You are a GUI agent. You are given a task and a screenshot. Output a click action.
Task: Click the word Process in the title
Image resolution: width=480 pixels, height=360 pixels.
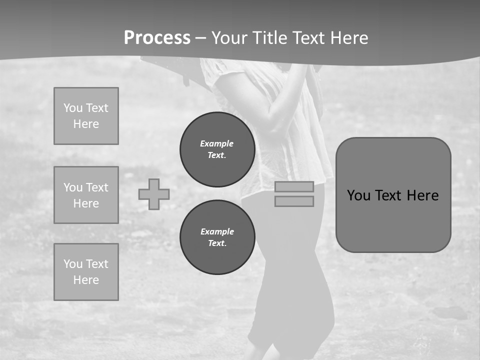(x=157, y=38)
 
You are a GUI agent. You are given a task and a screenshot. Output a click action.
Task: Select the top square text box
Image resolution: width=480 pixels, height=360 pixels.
(x=86, y=116)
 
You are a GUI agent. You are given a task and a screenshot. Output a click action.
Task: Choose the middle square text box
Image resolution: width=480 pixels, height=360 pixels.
(x=86, y=195)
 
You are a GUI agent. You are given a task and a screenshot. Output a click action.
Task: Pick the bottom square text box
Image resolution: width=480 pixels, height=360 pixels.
(x=86, y=272)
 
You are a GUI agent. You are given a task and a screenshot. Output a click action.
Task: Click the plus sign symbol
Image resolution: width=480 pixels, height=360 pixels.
(x=154, y=194)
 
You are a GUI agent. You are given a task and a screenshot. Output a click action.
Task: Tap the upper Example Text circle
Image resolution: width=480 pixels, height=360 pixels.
(x=217, y=149)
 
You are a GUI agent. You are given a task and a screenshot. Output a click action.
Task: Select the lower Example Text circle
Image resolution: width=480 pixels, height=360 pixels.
(x=217, y=237)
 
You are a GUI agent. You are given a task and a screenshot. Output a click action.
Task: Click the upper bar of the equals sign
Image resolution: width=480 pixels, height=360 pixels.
(x=294, y=186)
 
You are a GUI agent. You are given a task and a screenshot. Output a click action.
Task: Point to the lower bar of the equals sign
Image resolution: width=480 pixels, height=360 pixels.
(x=294, y=201)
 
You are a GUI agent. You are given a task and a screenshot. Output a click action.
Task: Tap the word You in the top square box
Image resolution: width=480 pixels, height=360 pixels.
(x=73, y=108)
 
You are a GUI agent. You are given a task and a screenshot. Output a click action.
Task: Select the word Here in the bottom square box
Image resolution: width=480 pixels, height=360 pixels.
(x=86, y=280)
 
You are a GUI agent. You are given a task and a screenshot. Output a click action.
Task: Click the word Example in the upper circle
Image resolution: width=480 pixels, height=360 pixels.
(x=217, y=143)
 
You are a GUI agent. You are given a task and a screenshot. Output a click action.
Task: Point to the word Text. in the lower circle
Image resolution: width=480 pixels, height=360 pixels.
(x=217, y=243)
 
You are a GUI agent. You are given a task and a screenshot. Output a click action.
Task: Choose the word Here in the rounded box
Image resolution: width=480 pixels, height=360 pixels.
(x=423, y=195)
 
